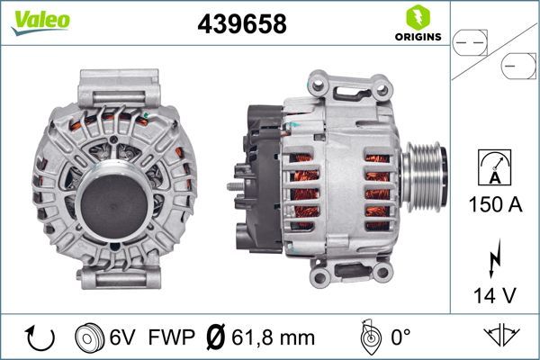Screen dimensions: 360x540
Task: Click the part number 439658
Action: click(x=241, y=25)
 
